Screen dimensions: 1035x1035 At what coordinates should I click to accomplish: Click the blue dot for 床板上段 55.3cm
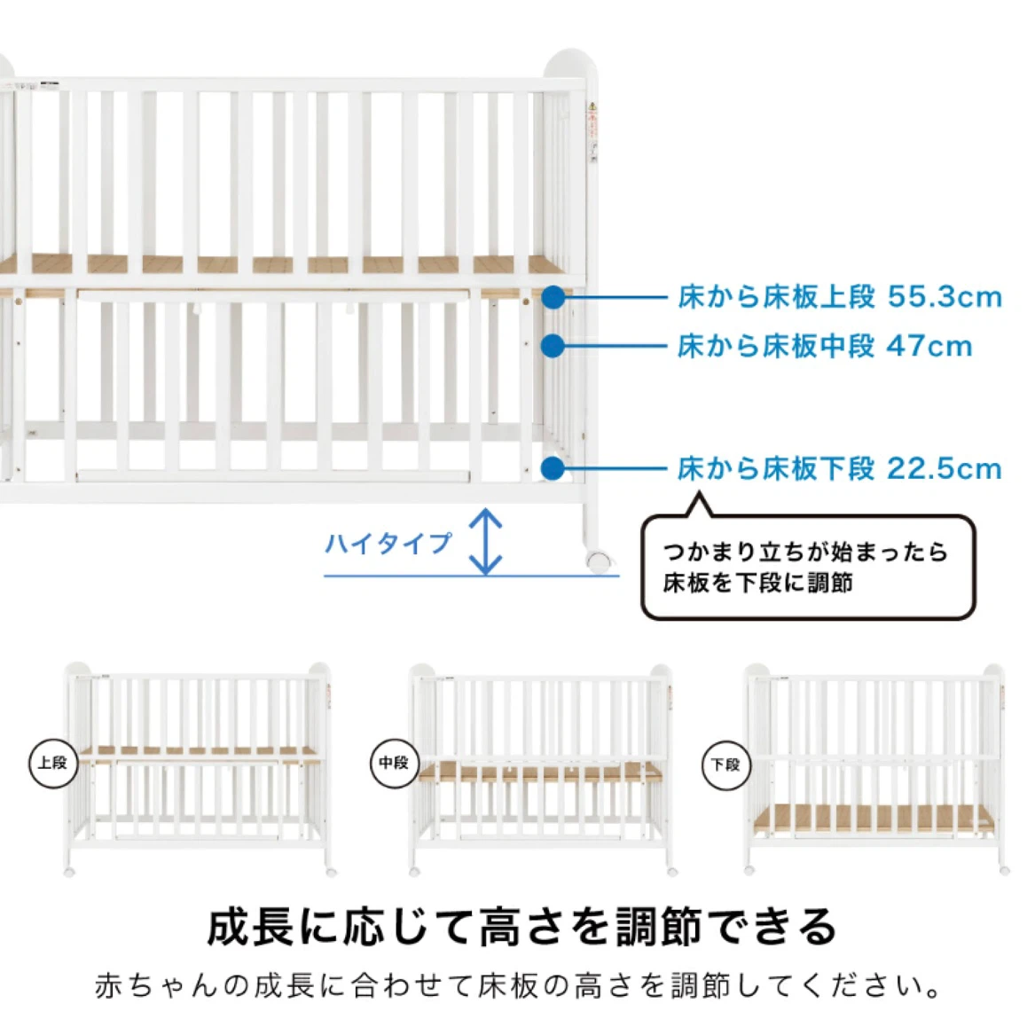tap(553, 297)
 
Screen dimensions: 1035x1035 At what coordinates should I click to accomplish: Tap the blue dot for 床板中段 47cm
tap(553, 346)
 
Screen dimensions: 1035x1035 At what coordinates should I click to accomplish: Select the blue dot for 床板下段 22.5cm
tap(553, 468)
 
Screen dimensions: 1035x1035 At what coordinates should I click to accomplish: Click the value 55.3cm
tap(945, 297)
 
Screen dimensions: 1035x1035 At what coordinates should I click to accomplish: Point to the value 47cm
tap(929, 346)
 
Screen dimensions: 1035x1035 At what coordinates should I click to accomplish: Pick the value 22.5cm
tap(945, 468)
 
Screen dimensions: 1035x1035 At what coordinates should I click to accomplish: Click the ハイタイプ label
tap(388, 543)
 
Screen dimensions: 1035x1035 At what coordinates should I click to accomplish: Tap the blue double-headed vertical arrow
tap(485, 541)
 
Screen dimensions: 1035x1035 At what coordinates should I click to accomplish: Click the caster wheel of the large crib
tap(598, 561)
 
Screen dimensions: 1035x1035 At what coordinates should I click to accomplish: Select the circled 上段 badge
tap(53, 763)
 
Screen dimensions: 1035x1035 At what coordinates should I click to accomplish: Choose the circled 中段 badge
tap(394, 763)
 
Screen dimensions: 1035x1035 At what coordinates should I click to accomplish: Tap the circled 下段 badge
tap(725, 764)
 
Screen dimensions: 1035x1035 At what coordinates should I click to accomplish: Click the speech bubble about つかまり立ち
tap(808, 567)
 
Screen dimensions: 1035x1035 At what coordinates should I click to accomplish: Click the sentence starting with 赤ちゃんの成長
tap(518, 985)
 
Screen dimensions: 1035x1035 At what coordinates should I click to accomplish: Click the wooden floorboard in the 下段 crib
tap(874, 819)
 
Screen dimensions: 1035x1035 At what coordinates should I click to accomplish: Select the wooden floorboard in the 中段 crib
tap(541, 772)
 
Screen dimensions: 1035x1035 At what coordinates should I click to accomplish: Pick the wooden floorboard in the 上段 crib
tap(198, 752)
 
